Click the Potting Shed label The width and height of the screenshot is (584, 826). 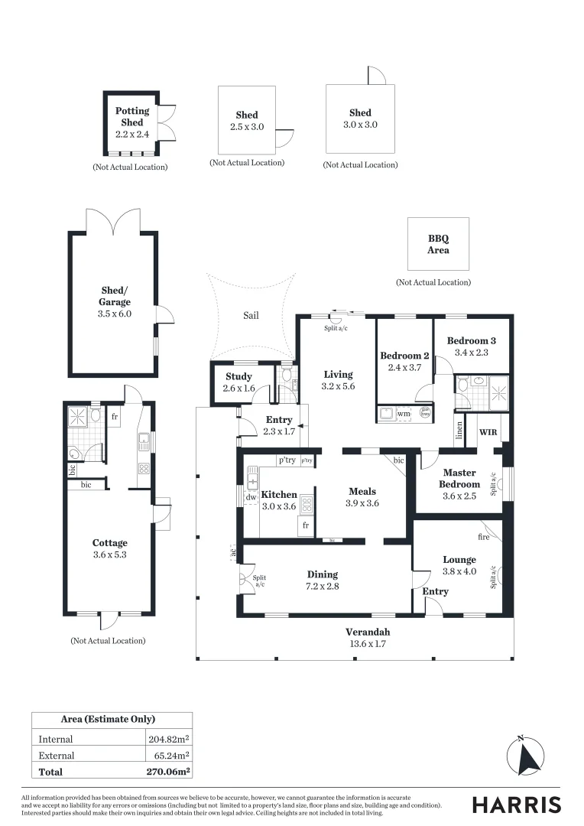coord(132,116)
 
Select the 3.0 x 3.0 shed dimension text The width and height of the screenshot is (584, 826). coord(360,125)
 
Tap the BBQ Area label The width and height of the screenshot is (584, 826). coord(438,244)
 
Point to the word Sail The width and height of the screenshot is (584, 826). coord(251,314)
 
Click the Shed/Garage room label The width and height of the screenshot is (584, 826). coord(115,296)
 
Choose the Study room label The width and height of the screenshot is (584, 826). coord(238,376)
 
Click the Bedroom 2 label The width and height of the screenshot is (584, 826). coord(404,356)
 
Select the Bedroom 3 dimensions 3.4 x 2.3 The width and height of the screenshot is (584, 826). coord(471,353)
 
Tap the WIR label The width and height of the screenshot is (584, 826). coord(488,432)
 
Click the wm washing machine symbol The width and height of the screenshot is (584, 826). coord(402,414)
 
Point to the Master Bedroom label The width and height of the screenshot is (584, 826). coord(461,478)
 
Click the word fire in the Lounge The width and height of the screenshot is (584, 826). coord(483,537)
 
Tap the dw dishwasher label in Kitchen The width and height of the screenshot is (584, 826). coord(251,496)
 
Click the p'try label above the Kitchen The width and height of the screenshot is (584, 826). coord(287,460)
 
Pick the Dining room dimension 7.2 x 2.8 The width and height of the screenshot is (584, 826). coord(322,587)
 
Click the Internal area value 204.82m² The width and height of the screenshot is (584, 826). coord(168,739)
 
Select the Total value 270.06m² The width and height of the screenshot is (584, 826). coord(167,772)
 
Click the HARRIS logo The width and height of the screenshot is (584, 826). coord(516,805)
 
